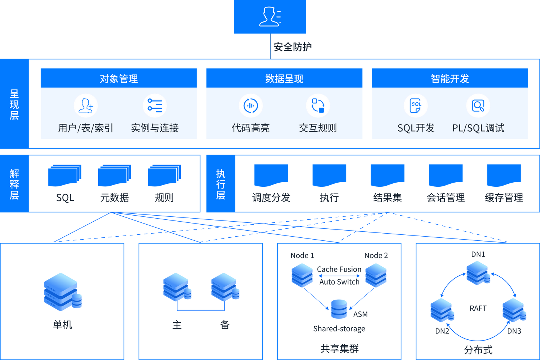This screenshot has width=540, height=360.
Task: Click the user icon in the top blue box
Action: coord(270,16)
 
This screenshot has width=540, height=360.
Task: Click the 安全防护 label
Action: coord(292,47)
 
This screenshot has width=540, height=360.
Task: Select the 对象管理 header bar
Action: coord(118,78)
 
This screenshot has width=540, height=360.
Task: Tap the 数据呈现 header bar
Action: coord(284,78)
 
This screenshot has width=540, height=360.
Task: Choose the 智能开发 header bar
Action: coord(450,78)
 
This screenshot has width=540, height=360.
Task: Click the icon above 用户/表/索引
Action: coord(86,106)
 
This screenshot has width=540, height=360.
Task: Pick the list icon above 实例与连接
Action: coord(155,106)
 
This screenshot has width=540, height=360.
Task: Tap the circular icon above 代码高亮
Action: coord(251,106)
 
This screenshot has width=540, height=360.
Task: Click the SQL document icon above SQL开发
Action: coord(416,106)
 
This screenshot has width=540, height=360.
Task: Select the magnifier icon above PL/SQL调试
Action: coord(478,106)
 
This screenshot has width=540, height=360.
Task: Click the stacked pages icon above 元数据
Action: coord(114,175)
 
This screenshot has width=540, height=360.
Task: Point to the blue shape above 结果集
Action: coord(387,175)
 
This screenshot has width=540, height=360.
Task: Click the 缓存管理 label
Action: coord(504,198)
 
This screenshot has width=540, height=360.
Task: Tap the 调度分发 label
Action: coord(271,198)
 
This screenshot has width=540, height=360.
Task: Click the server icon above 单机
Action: coord(63,292)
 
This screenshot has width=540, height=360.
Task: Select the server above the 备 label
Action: coord(225,287)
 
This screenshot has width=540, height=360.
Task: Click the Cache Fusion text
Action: coord(339,269)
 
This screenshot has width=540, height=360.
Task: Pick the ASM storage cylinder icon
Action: coord(339,309)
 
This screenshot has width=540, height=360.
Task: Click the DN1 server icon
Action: coord(478,273)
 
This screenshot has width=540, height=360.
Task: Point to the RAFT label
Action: coord(478,308)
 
